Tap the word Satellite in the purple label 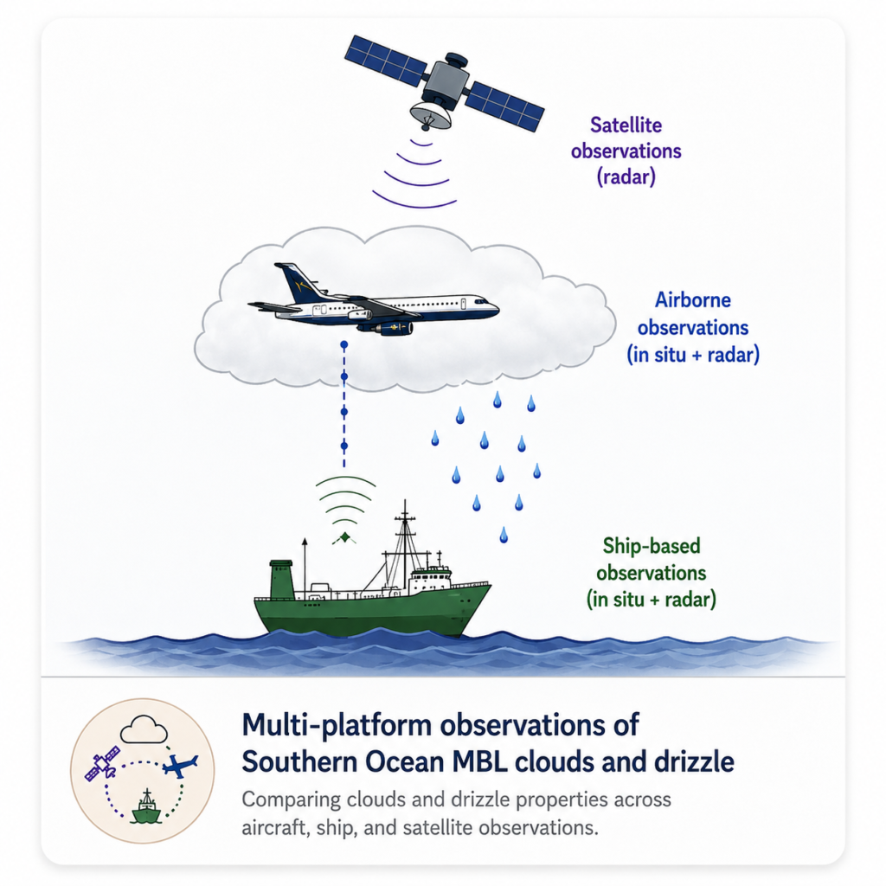pos(626,125)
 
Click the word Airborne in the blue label pos(693,300)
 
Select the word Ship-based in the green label pos(652,546)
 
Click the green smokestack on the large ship pos(281,579)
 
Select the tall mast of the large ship pos(405,543)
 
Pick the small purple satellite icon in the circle pos(102,763)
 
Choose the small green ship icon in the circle pos(147,807)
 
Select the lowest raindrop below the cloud pos(504,535)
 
